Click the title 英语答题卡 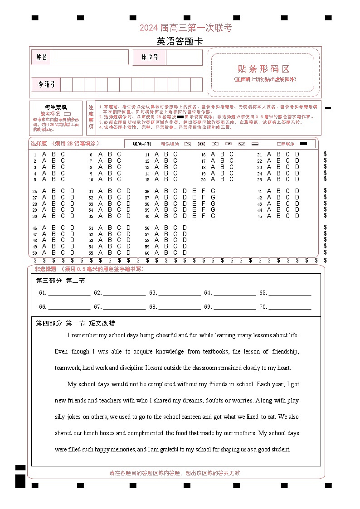click(x=180, y=41)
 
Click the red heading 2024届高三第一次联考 click(x=185, y=28)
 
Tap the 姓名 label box click(x=42, y=58)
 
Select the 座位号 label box click(x=150, y=58)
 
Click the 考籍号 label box click(x=46, y=84)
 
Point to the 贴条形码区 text click(x=263, y=69)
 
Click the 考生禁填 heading click(x=56, y=107)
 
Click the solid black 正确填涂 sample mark click(x=303, y=144)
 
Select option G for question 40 click(x=213, y=216)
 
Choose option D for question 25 click(x=297, y=179)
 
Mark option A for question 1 click(x=44, y=154)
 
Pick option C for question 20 click(x=232, y=179)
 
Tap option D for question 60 click(x=185, y=252)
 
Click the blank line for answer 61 click(x=69, y=293)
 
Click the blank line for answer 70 click(x=290, y=307)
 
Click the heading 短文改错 click(x=102, y=323)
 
